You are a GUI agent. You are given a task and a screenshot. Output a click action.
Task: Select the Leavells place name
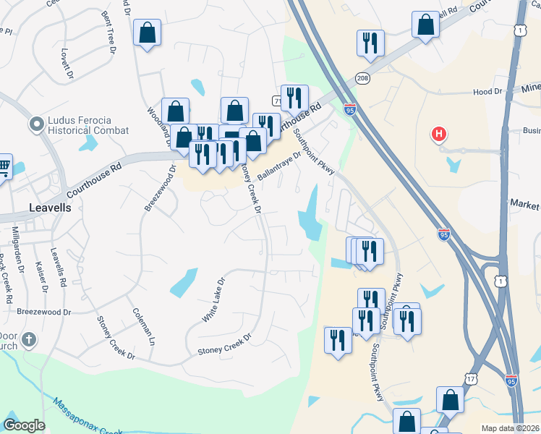[x=51, y=207]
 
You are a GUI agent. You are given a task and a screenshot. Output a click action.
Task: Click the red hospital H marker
[x=438, y=134]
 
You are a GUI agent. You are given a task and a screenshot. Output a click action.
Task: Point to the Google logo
[x=25, y=425]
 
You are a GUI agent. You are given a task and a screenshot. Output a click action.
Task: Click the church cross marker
[x=29, y=340]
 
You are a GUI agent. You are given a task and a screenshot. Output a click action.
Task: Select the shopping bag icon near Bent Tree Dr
[x=148, y=33]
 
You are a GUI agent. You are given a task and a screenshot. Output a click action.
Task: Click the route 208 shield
[x=362, y=78]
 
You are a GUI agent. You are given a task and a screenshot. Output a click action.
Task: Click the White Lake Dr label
[x=213, y=299]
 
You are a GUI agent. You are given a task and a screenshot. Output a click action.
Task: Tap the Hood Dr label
[x=487, y=92]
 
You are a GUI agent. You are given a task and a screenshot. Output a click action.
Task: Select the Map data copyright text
[x=511, y=428]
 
